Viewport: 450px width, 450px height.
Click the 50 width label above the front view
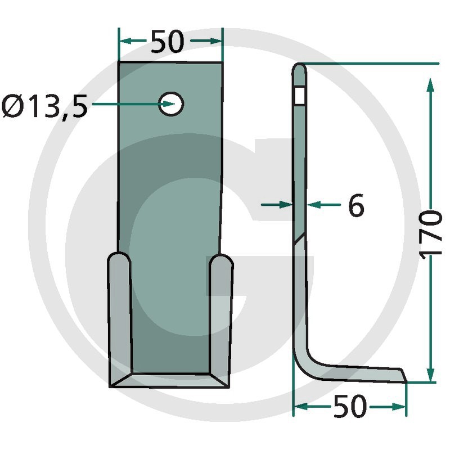coord(167,42)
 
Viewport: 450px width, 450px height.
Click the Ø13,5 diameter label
coord(44,107)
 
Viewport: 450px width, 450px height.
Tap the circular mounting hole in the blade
coord(171,104)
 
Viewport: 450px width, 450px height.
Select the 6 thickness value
coord(356,205)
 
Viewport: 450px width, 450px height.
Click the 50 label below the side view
coord(350,406)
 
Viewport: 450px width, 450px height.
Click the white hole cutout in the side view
coord(300,96)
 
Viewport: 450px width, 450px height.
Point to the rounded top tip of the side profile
coord(299,67)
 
